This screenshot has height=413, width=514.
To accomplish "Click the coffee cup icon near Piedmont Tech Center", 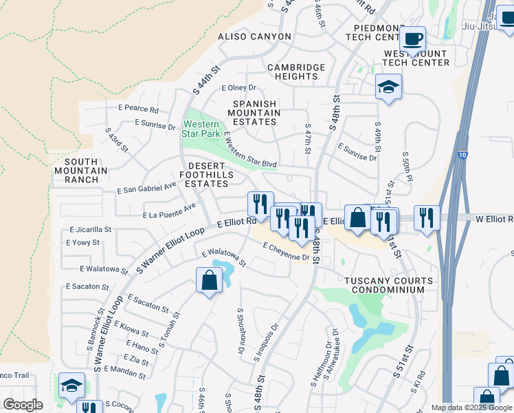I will click(412, 39).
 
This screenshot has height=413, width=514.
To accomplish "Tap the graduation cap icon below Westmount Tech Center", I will click(388, 87).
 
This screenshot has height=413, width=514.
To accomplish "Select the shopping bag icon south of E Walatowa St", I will click(209, 280).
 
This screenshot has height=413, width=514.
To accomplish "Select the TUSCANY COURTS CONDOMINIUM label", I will click(388, 286).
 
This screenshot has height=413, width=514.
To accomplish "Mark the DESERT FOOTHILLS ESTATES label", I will click(206, 175).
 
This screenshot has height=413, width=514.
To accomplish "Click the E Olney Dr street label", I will click(238, 88).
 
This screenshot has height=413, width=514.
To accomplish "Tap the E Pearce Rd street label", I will click(138, 109).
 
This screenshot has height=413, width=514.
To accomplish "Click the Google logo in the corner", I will click(23, 405).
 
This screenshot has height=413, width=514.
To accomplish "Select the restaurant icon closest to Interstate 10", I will click(426, 218).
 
